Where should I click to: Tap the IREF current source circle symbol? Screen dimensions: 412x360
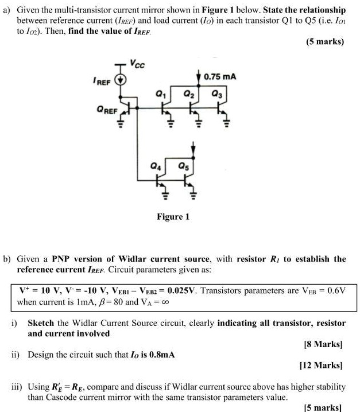(121, 80)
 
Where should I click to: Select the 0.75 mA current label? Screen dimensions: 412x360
(219, 76)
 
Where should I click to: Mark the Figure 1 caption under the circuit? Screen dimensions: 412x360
(173, 216)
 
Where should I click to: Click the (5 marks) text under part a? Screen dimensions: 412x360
(324, 41)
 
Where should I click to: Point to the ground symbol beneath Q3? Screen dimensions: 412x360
(225, 122)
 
